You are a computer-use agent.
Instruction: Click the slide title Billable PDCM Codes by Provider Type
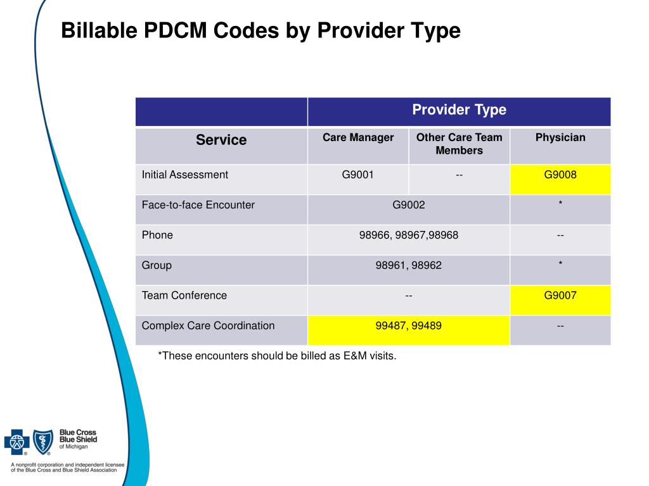(260, 30)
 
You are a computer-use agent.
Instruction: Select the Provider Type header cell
(459, 110)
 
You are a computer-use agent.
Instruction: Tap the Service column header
(221, 140)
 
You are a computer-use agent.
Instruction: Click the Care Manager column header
(358, 138)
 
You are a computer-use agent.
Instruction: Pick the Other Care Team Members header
(459, 144)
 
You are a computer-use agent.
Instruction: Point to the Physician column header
(560, 138)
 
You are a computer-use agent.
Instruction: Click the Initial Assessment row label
(185, 175)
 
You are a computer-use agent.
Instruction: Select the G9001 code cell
(358, 175)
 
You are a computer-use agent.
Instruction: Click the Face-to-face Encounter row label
(198, 205)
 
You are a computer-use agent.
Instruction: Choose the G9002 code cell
(409, 205)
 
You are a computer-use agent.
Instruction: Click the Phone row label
(157, 235)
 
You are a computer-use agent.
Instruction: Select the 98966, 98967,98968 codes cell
(409, 235)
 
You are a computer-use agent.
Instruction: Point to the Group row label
(157, 265)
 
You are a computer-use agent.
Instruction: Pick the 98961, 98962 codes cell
(409, 265)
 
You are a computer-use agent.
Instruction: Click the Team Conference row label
(184, 296)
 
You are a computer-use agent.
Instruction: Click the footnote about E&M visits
(277, 356)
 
